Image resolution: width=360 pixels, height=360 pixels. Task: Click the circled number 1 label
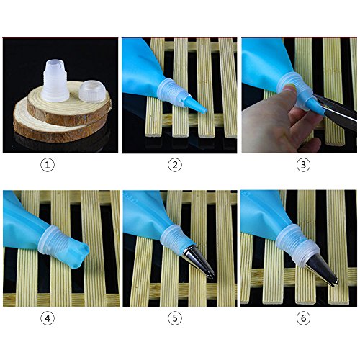(x=48, y=165)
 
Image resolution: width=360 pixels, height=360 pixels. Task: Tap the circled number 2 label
(x=175, y=165)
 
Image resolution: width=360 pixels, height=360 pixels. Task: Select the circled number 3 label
(x=303, y=165)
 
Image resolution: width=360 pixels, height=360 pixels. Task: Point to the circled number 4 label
(x=48, y=318)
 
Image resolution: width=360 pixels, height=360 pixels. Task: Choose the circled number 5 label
(x=175, y=318)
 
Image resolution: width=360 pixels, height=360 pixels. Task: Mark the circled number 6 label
(x=303, y=318)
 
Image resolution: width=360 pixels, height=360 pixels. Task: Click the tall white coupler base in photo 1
(x=55, y=81)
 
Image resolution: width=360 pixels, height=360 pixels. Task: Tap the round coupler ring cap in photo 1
(x=92, y=91)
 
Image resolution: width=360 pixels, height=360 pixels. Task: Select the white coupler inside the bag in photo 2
(x=172, y=92)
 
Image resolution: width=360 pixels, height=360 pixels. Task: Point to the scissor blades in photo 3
(x=336, y=112)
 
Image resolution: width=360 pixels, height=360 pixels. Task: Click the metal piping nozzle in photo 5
(x=199, y=261)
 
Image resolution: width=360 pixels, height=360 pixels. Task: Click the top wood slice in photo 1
(x=69, y=103)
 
